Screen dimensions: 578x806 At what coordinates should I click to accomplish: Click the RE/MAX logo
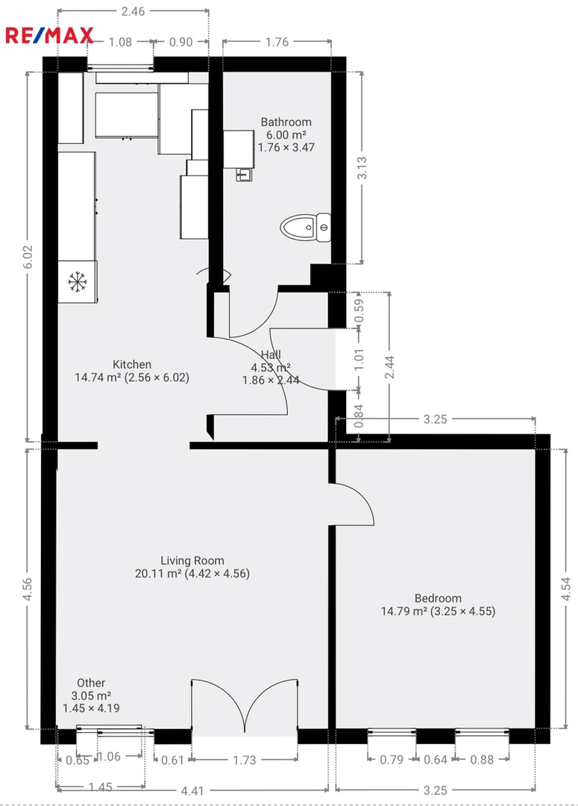[49, 36]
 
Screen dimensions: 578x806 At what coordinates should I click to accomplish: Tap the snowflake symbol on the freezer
[77, 281]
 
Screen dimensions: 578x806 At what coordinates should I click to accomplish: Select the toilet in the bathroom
[305, 227]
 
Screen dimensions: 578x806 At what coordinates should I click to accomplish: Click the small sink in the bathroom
[244, 175]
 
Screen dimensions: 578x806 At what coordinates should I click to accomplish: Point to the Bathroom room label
[286, 122]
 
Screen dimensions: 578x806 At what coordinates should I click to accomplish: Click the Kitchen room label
[132, 364]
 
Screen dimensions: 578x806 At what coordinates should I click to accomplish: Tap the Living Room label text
[192, 560]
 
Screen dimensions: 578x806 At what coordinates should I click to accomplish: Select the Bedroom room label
[438, 598]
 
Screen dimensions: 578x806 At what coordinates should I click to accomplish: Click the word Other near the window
[91, 683]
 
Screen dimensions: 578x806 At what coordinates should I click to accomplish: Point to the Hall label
[271, 354]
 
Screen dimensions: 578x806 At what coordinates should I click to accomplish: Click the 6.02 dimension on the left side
[28, 257]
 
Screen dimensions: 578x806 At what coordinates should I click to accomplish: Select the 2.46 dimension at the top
[133, 10]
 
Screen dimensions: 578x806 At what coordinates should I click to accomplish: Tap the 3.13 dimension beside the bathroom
[362, 168]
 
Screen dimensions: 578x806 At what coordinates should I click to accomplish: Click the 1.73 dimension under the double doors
[244, 760]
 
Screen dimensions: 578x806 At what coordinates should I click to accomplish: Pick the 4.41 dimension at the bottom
[192, 790]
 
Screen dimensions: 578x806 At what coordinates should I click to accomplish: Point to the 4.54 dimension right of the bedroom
[565, 589]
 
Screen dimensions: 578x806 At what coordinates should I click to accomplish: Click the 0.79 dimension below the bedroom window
[392, 759]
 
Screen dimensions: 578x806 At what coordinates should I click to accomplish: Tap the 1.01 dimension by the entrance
[359, 359]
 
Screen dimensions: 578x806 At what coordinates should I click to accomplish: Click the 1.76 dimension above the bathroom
[277, 42]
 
